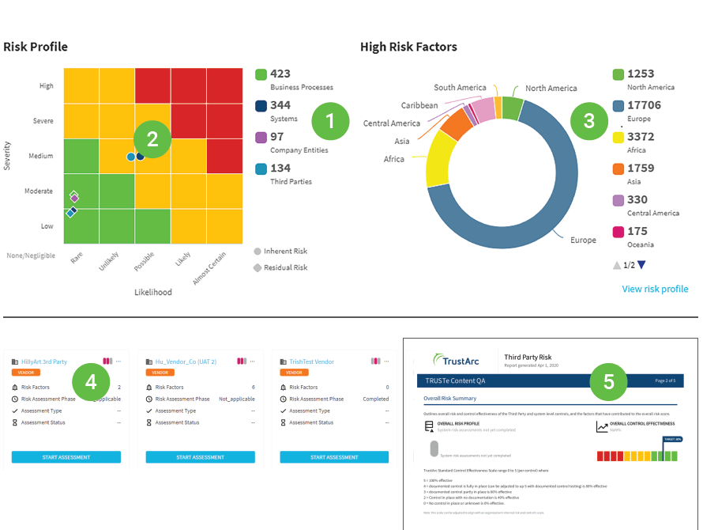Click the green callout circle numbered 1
(x=330, y=121)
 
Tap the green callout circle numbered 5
(x=608, y=381)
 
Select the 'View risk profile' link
(x=655, y=289)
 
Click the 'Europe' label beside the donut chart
(x=583, y=240)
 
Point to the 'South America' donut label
(x=460, y=87)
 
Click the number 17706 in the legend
(x=644, y=105)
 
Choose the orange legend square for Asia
(x=618, y=168)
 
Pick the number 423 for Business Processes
(x=280, y=74)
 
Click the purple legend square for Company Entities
(x=261, y=138)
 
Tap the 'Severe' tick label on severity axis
(x=43, y=121)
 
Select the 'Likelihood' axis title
(x=152, y=292)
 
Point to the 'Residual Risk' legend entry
(x=285, y=267)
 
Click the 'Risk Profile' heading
(x=36, y=47)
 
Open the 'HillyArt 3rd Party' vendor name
(x=44, y=362)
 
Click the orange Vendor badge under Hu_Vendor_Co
(x=160, y=372)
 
